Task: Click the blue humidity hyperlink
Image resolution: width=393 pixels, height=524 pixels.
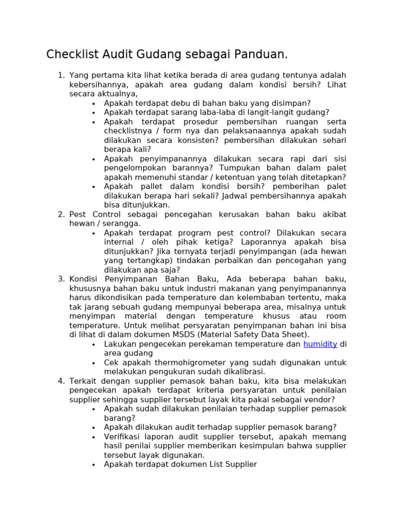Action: point(320,344)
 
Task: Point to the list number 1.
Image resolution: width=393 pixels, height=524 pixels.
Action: point(60,76)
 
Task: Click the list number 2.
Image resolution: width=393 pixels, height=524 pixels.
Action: point(60,214)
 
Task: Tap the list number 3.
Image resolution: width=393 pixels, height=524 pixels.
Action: point(60,279)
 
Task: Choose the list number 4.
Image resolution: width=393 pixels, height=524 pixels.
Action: point(60,381)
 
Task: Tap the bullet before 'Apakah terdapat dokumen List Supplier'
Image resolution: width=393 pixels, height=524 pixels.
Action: point(94,465)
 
